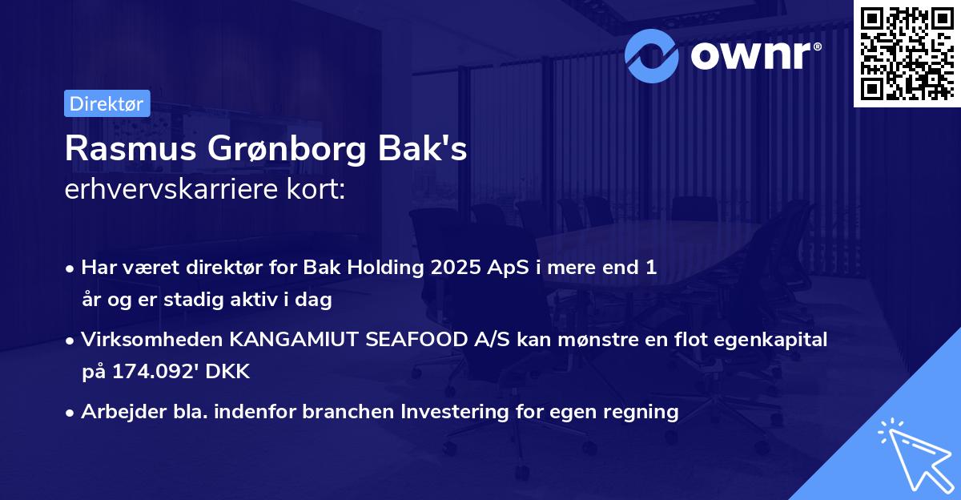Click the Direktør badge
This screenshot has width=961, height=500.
pos(107,103)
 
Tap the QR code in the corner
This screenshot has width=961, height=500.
pos(907,53)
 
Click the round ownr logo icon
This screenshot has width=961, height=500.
pos(653,55)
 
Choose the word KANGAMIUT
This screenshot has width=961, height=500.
pos(295,340)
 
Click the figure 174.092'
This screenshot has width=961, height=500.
pos(149,372)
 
